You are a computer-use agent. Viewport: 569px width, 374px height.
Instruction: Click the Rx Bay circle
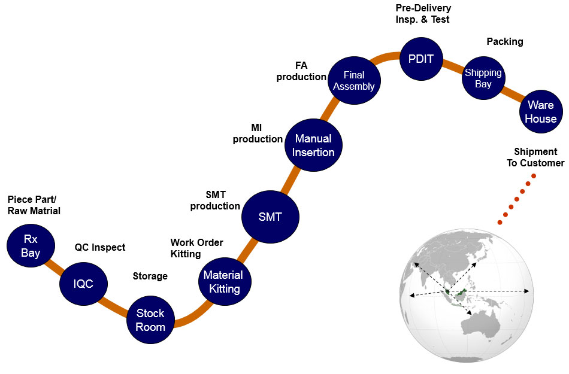(31, 246)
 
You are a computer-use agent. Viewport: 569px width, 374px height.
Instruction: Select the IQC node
(84, 284)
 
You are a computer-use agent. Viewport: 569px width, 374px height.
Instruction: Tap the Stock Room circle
(150, 320)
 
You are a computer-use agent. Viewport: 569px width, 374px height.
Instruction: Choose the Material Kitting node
(223, 282)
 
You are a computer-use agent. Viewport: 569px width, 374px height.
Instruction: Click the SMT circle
(270, 217)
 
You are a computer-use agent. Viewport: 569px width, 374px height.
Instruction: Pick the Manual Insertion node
(314, 145)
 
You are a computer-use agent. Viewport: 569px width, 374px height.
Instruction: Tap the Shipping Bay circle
(483, 78)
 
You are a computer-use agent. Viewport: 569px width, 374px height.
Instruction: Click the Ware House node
(540, 113)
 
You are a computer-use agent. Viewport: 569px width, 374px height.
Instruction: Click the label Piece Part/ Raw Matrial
(34, 205)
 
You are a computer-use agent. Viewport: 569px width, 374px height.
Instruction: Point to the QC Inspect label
(100, 247)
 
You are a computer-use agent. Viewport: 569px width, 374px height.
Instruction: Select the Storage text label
(150, 276)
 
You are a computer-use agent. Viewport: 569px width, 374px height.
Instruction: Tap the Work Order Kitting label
(196, 248)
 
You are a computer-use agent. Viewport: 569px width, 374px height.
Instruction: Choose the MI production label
(258, 133)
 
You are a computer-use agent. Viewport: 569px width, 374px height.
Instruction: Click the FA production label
(301, 71)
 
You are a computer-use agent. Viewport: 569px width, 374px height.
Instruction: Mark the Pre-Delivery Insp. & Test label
(423, 13)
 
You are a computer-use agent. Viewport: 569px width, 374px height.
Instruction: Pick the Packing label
(504, 41)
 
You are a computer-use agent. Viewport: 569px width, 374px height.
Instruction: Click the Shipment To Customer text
(535, 157)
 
